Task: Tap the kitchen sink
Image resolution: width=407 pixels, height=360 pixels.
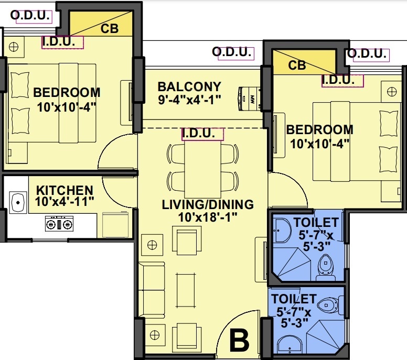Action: click(x=18, y=201)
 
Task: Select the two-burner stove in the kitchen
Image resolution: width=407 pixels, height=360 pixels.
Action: click(x=59, y=224)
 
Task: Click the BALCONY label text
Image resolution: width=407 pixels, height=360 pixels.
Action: click(x=189, y=86)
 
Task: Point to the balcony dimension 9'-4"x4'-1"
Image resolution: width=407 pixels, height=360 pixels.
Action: click(x=189, y=99)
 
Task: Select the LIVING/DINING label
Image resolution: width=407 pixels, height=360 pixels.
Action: click(x=208, y=204)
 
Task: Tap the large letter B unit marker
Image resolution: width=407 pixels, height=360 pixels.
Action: click(x=239, y=341)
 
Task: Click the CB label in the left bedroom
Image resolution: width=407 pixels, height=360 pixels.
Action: click(x=110, y=29)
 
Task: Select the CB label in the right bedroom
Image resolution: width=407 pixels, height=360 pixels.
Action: click(x=297, y=66)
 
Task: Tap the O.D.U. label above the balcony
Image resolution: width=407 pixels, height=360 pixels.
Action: click(x=231, y=52)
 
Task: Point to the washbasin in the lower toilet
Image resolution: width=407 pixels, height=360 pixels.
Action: click(x=288, y=346)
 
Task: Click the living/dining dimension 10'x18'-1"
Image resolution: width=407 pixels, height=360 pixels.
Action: click(x=208, y=216)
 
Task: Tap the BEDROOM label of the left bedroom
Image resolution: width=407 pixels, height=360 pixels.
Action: click(x=67, y=93)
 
